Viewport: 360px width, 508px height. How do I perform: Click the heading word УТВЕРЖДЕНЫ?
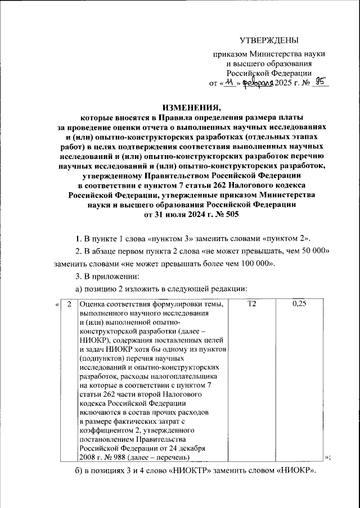pos(269,39)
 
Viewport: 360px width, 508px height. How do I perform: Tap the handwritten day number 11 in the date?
pos(228,83)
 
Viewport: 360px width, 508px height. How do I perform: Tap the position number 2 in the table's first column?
pos(69,304)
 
